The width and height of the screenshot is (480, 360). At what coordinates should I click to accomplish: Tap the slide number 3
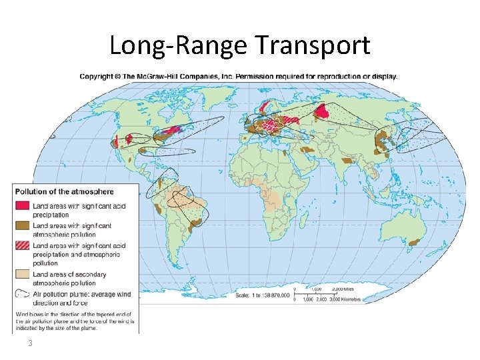point(30,343)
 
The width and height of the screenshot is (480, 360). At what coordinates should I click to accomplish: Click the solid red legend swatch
point(23,205)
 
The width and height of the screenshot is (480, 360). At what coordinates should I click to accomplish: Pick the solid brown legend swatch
point(23,225)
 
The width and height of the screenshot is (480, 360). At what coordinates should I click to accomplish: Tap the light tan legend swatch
point(23,275)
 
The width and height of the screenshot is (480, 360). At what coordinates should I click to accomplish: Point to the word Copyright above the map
point(96,76)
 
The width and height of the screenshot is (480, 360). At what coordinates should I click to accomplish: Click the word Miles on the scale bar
point(353,289)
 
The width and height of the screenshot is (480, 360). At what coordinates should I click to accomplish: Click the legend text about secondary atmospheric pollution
point(73,279)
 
